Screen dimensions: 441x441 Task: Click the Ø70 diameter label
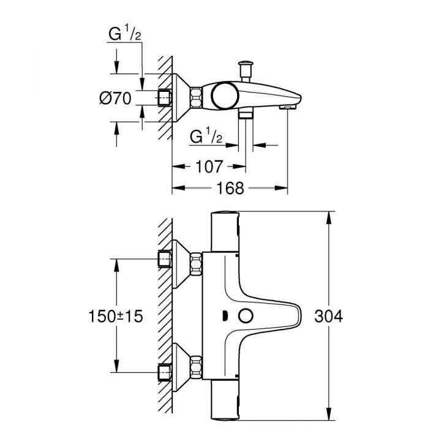[x=115, y=98]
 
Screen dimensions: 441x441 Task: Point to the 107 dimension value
[x=208, y=166]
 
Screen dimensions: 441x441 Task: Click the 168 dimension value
[x=230, y=188]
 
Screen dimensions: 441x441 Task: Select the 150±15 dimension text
[x=117, y=316]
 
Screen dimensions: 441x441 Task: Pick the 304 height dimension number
[x=329, y=316]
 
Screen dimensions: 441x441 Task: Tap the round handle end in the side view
[x=223, y=96]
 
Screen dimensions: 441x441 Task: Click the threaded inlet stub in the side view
[x=164, y=98]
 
